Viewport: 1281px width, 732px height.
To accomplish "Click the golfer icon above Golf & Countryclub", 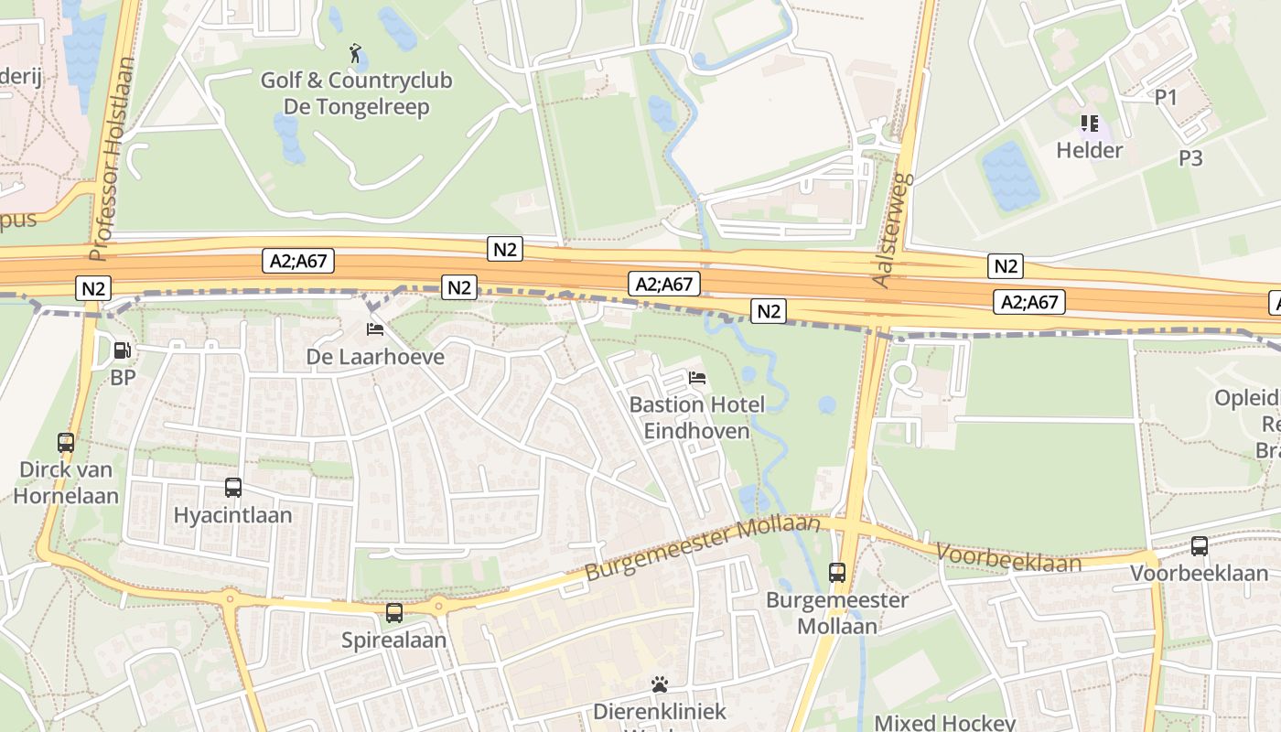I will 356,53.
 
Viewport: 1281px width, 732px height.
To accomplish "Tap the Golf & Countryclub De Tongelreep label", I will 356,93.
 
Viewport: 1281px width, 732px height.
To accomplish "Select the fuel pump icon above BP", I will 121,350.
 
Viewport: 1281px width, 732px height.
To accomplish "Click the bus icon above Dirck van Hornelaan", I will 66,443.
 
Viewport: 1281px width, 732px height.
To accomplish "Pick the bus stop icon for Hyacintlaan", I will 233,488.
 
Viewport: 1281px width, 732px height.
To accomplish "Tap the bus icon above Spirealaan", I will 394,613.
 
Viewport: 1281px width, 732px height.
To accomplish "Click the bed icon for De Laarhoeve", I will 374,328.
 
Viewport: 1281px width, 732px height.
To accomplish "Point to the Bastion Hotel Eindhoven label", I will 696,417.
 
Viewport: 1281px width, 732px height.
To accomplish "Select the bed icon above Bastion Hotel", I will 697,377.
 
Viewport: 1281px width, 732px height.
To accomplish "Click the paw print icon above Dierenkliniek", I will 660,684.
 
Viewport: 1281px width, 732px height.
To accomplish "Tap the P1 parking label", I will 1166,97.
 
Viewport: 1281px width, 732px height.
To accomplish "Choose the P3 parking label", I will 1190,158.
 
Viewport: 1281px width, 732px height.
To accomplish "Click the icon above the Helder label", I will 1089,123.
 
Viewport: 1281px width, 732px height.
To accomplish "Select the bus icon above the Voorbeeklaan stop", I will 1200,546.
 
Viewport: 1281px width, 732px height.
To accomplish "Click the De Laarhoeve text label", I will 375,357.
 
